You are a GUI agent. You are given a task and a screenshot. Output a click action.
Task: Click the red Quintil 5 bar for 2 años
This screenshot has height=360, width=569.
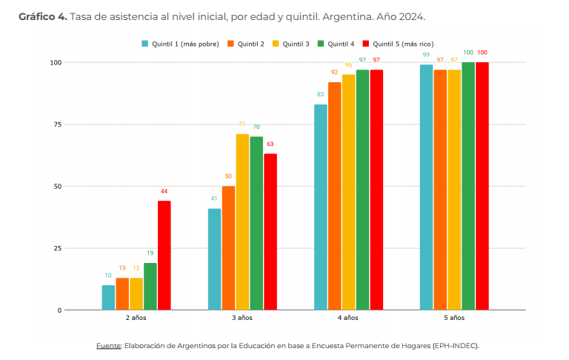click(164, 256)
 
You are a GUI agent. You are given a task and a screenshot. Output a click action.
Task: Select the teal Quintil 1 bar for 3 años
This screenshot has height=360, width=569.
click(214, 259)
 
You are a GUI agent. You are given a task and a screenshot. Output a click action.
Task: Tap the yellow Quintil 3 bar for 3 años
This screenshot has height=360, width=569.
click(242, 222)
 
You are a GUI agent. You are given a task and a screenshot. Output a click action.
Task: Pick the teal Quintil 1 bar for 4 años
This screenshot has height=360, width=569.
click(320, 207)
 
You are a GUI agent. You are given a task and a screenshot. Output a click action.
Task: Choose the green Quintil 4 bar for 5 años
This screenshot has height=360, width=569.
click(468, 186)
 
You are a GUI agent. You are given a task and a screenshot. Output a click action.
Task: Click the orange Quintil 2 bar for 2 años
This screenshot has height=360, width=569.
click(122, 294)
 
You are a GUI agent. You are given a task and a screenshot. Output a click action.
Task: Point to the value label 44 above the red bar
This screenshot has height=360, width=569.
click(164, 191)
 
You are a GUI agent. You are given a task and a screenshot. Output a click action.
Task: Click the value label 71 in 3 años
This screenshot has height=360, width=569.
click(242, 124)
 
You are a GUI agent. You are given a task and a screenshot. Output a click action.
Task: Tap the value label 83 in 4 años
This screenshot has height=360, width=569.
click(320, 94)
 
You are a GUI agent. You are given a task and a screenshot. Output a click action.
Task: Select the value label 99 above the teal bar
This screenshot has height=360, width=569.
click(426, 55)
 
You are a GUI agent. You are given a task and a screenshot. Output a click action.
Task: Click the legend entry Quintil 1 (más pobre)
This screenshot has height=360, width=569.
click(180, 44)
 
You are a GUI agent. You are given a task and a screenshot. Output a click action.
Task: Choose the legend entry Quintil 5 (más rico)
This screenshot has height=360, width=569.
click(398, 44)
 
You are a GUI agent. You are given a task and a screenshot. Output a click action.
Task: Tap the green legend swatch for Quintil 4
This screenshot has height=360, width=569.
click(321, 44)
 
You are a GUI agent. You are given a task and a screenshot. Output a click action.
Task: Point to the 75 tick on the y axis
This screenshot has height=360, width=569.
click(57, 124)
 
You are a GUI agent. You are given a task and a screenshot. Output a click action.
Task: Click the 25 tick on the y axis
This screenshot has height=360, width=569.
click(57, 249)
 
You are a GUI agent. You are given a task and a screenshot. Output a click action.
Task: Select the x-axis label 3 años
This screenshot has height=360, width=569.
click(242, 318)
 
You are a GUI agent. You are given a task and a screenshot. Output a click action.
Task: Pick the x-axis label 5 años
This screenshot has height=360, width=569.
click(454, 318)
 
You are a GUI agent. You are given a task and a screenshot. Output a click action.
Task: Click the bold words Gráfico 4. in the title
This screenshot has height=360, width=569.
click(43, 17)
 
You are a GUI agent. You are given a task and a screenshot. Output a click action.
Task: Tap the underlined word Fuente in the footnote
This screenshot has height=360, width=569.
click(108, 346)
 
